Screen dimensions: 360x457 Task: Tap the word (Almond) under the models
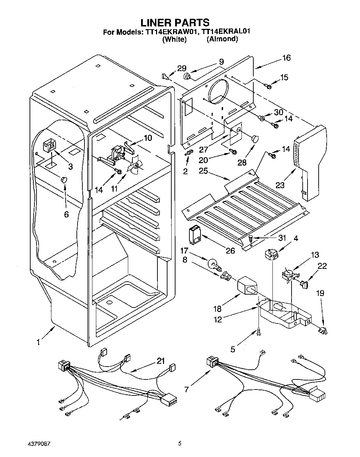(x=222, y=39)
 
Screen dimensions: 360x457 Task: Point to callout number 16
(x=287, y=58)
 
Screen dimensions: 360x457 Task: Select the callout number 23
(x=280, y=185)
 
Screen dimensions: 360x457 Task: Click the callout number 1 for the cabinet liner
(x=38, y=342)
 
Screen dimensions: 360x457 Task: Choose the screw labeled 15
(x=268, y=86)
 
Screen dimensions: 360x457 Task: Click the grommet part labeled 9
(x=187, y=76)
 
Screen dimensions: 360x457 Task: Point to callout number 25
(x=203, y=171)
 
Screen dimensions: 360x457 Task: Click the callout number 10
(x=148, y=138)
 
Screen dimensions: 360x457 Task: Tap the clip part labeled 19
(x=323, y=330)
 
